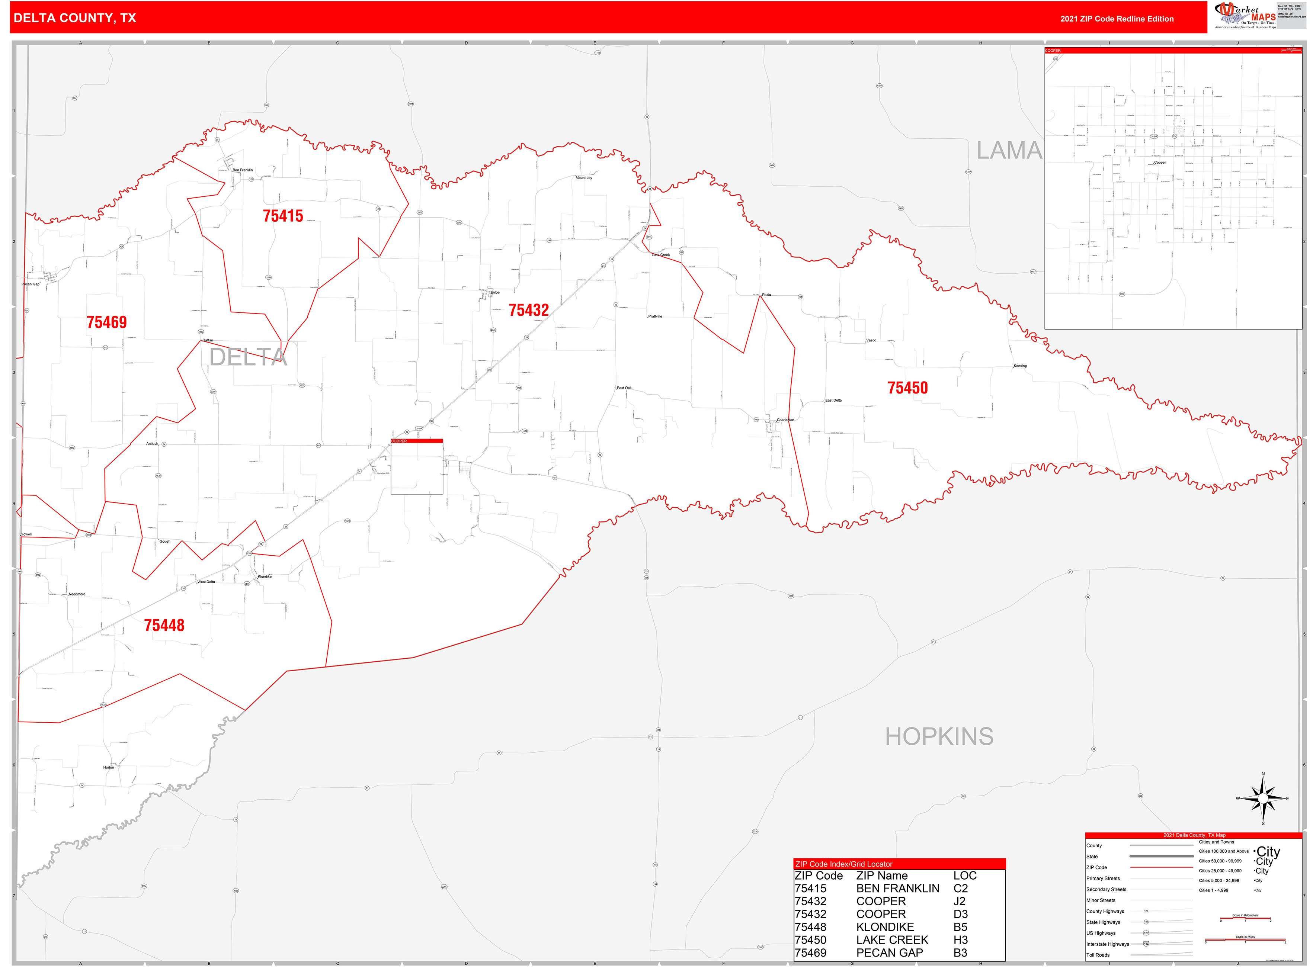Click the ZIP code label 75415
coord(283,216)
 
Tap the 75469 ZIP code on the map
coord(106,322)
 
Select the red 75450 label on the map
coord(907,388)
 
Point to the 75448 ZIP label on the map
coord(164,625)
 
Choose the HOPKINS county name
coord(939,736)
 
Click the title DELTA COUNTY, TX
coord(74,18)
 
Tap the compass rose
coord(1263,799)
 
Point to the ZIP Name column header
coord(881,876)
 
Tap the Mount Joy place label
coord(584,178)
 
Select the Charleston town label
coord(785,420)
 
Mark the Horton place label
coord(108,767)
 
